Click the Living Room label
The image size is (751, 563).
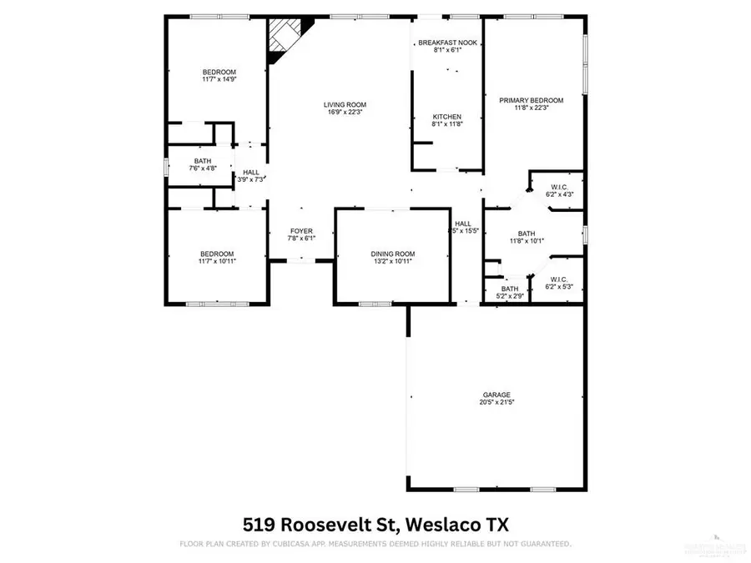click(345, 105)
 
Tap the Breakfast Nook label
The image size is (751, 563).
click(447, 43)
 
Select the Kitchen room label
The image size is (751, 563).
click(446, 117)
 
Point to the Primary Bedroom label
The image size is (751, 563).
click(532, 100)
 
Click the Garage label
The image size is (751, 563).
click(496, 395)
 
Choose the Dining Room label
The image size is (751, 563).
click(392, 254)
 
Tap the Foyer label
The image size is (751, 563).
click(300, 231)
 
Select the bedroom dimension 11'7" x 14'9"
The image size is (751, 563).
click(219, 80)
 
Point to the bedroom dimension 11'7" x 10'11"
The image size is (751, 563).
click(216, 262)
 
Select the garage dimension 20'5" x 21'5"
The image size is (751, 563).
click(496, 403)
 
